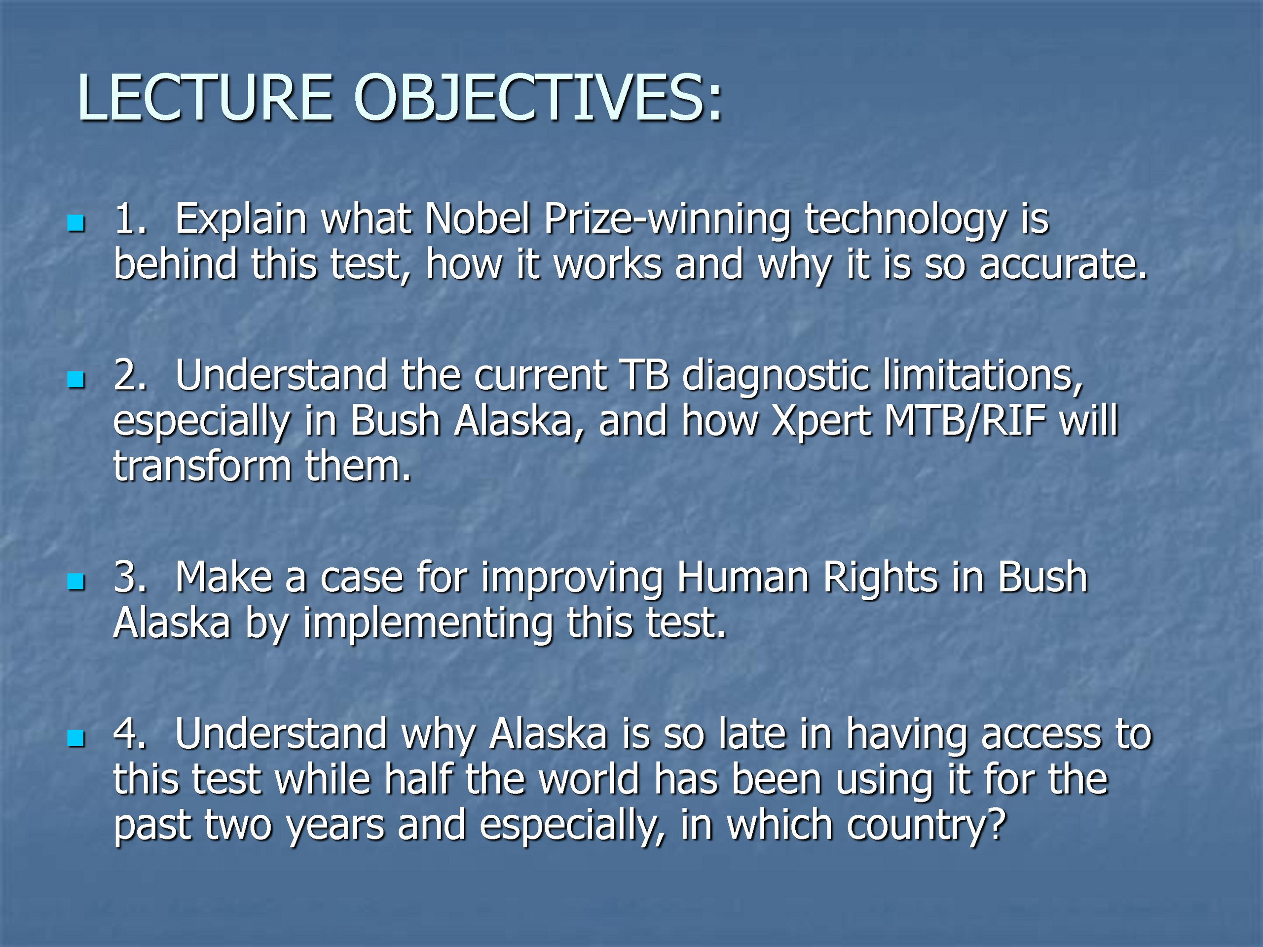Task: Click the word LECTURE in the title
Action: tap(204, 98)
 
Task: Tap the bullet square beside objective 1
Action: tap(75, 223)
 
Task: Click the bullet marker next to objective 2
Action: tap(75, 380)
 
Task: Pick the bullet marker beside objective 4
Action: tap(75, 739)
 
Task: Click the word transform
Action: tap(202, 467)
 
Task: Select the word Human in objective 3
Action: tap(743, 578)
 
